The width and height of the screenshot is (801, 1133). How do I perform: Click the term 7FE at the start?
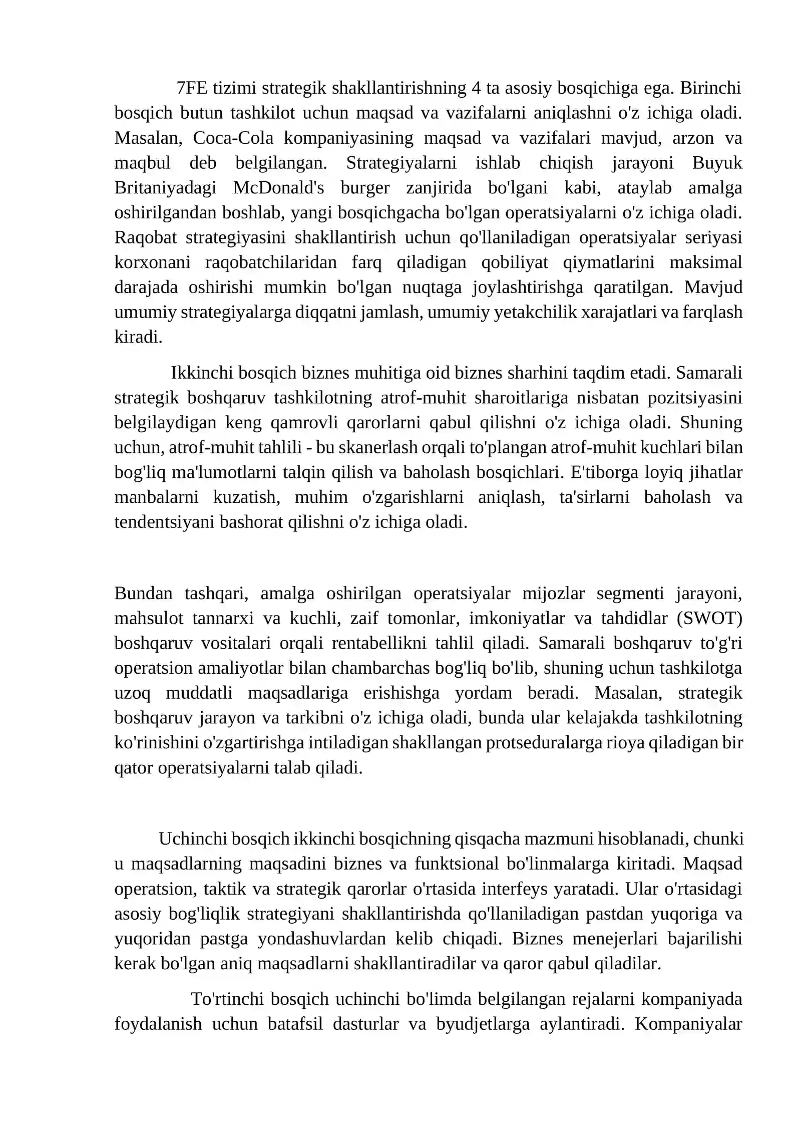[x=192, y=88]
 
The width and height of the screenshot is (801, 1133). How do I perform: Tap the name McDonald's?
[x=278, y=188]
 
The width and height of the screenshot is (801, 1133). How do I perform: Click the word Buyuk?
[x=717, y=163]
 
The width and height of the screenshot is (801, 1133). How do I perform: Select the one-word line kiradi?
[x=138, y=337]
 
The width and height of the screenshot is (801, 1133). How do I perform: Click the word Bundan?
[x=144, y=594]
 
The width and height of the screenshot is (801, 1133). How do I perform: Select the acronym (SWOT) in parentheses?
[x=709, y=619]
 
